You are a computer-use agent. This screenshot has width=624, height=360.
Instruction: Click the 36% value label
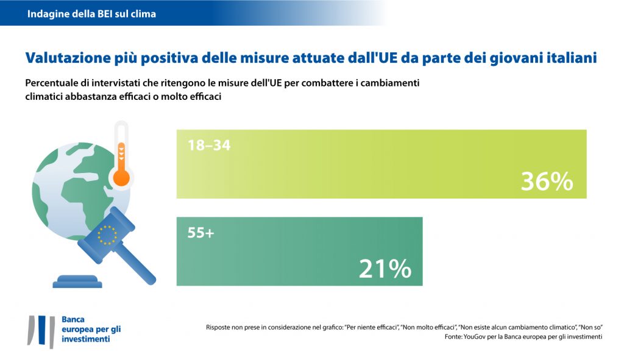[x=547, y=182]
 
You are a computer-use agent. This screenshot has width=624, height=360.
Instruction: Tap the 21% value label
[x=385, y=269]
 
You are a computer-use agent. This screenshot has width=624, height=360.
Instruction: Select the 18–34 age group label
[x=208, y=146]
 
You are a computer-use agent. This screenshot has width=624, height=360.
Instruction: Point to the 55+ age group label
[x=202, y=233]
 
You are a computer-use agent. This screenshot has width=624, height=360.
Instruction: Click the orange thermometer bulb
[x=122, y=177]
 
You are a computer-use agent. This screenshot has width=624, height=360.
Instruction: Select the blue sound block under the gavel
[x=77, y=282]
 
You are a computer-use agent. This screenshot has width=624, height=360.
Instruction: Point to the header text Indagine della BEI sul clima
[x=91, y=13]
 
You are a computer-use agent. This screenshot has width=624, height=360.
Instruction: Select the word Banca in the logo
[x=73, y=319]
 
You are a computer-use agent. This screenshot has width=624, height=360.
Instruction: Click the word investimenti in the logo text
[x=86, y=339]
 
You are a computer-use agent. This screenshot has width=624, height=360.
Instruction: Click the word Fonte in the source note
[x=454, y=336]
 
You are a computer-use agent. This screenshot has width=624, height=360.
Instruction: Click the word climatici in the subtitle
[x=46, y=96]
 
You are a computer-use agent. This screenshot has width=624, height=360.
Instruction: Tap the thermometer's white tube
[x=122, y=143]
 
